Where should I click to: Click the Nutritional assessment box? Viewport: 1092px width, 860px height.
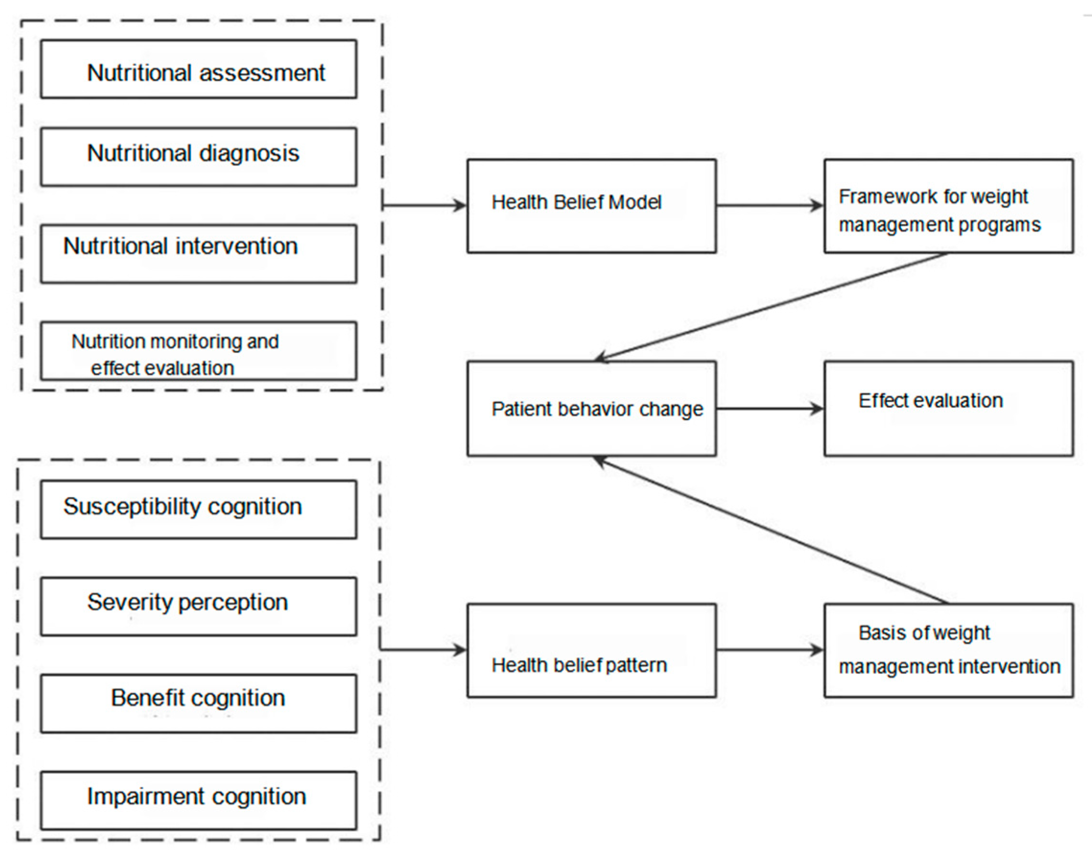[x=199, y=70]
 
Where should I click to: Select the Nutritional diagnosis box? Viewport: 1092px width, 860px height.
[x=199, y=156]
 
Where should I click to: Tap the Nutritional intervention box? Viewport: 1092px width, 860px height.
[x=199, y=253]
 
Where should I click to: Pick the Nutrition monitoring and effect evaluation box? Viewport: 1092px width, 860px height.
[x=199, y=351]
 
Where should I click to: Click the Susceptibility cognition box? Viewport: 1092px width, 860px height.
[x=199, y=509]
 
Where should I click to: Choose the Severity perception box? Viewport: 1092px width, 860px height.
[x=199, y=606]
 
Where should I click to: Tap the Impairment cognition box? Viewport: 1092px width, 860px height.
[x=199, y=800]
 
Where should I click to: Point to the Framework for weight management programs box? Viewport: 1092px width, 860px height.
[x=948, y=206]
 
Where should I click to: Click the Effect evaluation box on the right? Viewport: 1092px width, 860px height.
[x=948, y=408]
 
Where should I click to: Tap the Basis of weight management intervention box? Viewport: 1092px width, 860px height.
[x=948, y=650]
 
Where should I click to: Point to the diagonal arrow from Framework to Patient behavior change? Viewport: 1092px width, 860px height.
[x=770, y=306]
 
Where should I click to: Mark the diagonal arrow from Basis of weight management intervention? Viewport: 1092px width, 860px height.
[x=770, y=530]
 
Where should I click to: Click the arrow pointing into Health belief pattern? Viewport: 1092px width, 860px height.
[x=423, y=649]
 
